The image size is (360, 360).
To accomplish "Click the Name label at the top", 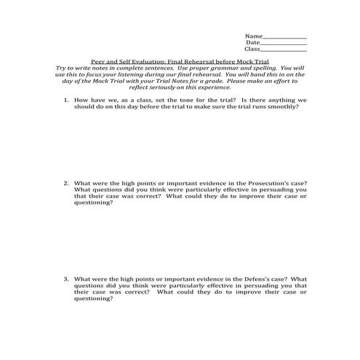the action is click(252, 36).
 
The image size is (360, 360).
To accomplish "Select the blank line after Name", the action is click(284, 36).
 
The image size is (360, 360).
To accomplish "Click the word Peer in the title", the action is click(98, 63).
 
